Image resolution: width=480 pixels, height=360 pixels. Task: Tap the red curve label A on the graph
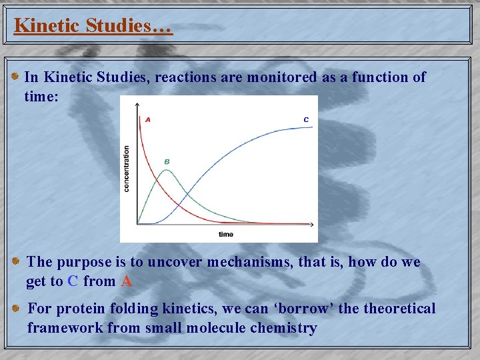pyautogui.click(x=147, y=120)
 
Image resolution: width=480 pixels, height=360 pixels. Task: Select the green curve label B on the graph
pyautogui.click(x=167, y=161)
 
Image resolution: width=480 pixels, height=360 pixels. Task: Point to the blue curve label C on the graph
pyautogui.click(x=306, y=120)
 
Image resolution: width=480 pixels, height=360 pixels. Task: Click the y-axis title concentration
pyautogui.click(x=127, y=169)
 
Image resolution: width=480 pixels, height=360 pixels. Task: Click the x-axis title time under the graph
pyautogui.click(x=226, y=234)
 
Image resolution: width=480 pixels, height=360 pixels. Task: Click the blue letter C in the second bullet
pyautogui.click(x=73, y=281)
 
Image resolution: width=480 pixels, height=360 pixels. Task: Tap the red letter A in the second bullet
pyautogui.click(x=127, y=281)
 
